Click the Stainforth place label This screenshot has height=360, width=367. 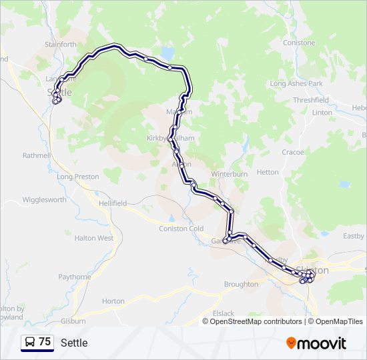pos(61,45)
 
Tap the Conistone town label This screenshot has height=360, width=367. pos(298,43)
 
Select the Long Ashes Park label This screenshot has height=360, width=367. pos(296,84)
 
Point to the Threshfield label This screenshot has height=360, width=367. pos(310,100)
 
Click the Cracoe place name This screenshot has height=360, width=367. pos(292,152)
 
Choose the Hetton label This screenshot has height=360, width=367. pos(268,172)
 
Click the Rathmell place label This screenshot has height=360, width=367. pos(36,155)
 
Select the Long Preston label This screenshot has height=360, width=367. pos(78,177)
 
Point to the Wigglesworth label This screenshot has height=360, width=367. pos(44,199)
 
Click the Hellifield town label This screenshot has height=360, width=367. pos(112,203)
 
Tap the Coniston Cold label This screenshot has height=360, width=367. pos(181,229)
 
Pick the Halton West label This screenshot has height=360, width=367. pos(94,238)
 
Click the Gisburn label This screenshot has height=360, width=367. pos(73,321)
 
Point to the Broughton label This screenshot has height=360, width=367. pos(241,284)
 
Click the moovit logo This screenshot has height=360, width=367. pos(316,343)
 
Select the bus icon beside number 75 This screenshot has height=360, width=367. pos(30,342)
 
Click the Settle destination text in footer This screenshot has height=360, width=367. pos(74,343)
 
